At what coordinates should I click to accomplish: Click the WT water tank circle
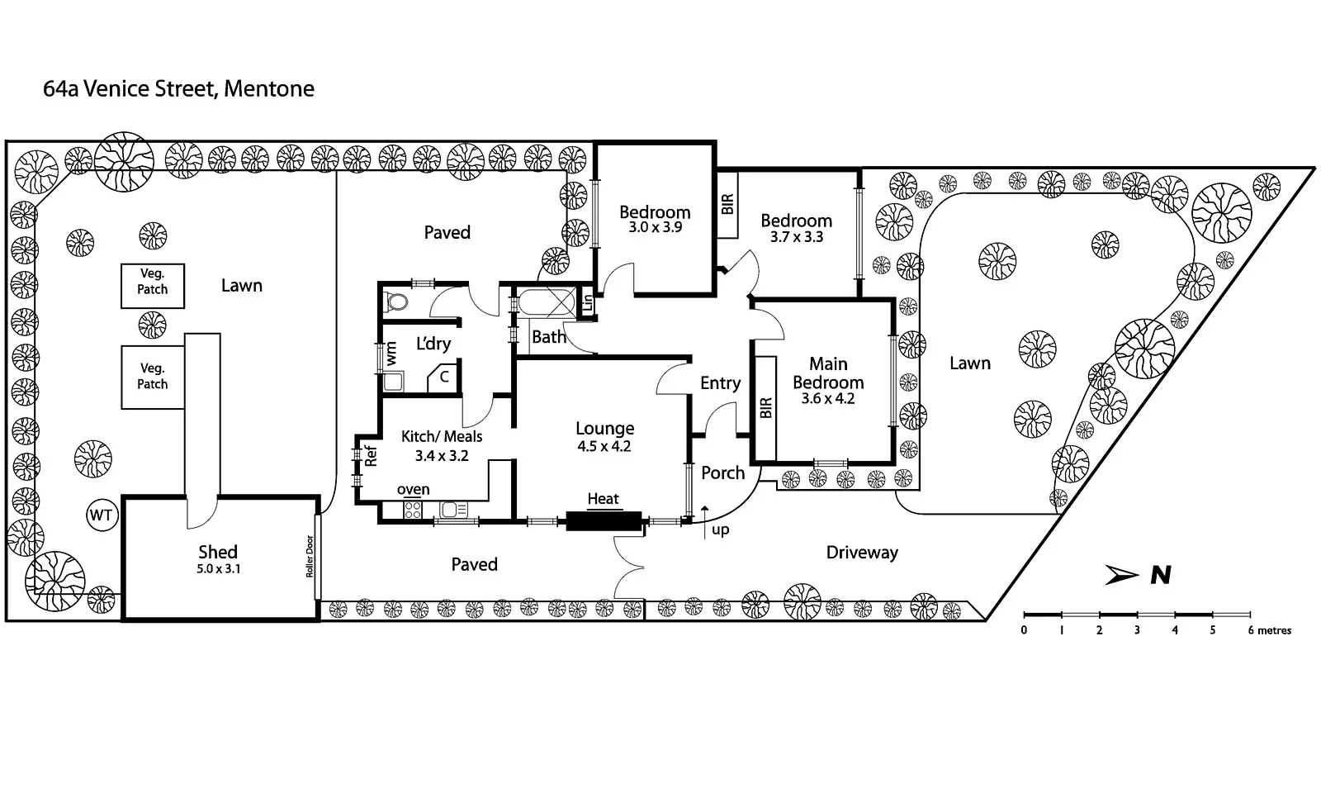102,516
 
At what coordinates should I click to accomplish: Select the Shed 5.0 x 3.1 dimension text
220,569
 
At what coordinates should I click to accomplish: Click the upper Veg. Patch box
153,285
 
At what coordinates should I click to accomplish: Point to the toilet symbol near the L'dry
397,302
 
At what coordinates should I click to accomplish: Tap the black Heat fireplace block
604,521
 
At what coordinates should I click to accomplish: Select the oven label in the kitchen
413,489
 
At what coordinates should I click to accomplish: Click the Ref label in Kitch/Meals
372,456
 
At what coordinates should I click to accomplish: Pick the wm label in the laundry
391,353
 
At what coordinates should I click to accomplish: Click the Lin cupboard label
588,302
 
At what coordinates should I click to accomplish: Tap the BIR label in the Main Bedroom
765,407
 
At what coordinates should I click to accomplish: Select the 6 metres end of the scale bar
1270,630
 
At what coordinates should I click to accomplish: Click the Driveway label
862,553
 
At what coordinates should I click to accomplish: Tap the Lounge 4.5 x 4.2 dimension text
604,447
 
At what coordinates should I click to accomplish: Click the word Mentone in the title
269,88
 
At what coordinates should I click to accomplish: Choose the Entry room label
720,383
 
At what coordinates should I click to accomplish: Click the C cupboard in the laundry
444,377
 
